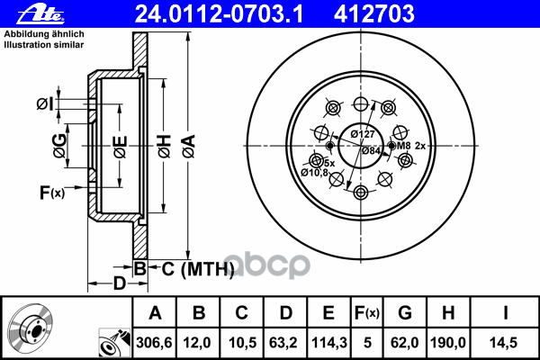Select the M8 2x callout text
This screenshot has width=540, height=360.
click(411, 146)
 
